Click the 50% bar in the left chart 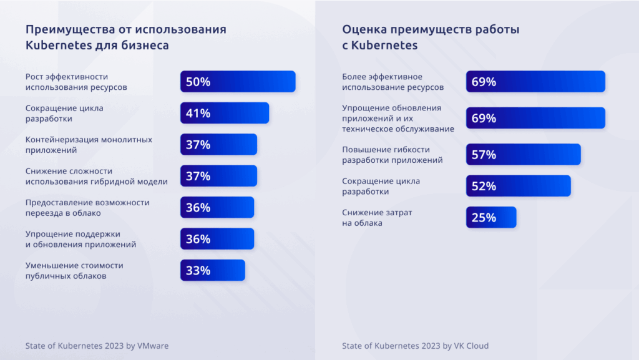(238, 82)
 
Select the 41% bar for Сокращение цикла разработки (225, 113)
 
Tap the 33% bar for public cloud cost (213, 270)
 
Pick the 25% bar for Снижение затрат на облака (491, 217)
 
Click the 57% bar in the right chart (523, 155)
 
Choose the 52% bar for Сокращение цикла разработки (518, 186)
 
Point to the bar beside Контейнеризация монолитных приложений (218, 145)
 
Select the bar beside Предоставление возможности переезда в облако (217, 208)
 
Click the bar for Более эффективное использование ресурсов (535, 81)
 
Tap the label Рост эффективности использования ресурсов (76, 82)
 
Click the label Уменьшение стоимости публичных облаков (74, 270)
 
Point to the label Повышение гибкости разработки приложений (393, 155)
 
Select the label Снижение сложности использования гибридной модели (96, 176)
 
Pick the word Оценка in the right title (362, 29)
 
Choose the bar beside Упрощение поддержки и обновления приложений (217, 239)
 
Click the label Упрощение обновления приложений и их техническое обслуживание (398, 118)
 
